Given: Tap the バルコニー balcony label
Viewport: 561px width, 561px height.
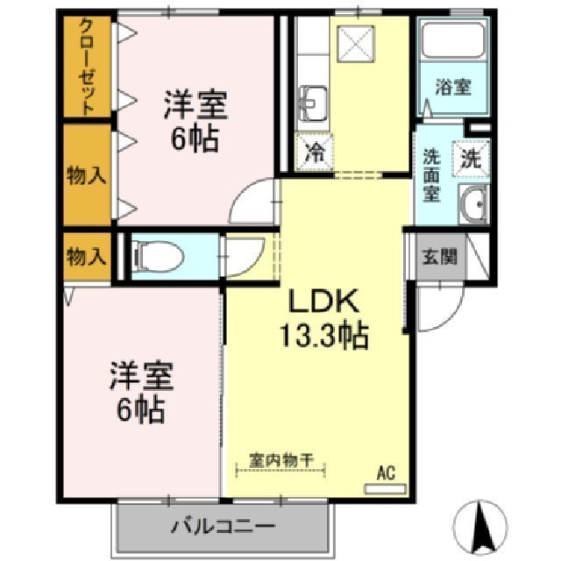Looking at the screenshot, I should tap(223, 528).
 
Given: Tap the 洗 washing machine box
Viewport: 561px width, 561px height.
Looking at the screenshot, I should tap(471, 160).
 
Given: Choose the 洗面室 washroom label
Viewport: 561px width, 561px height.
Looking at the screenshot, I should tap(432, 174).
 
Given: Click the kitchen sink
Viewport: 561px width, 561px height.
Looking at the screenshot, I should tap(312, 103).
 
